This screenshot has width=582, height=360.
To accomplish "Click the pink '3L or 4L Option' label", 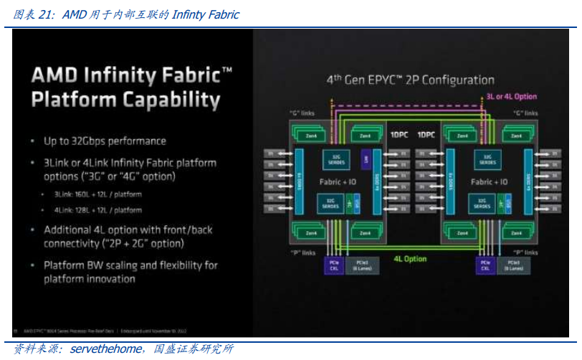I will pyautogui.click(x=511, y=96).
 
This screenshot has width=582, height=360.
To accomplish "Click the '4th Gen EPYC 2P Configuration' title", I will pyautogui.click(x=410, y=80).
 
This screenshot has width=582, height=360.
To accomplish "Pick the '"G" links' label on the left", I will pyautogui.click(x=302, y=113).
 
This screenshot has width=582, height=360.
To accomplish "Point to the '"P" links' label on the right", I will pyautogui.click(x=525, y=252).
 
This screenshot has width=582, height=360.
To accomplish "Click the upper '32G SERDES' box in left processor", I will pyautogui.click(x=336, y=160).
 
